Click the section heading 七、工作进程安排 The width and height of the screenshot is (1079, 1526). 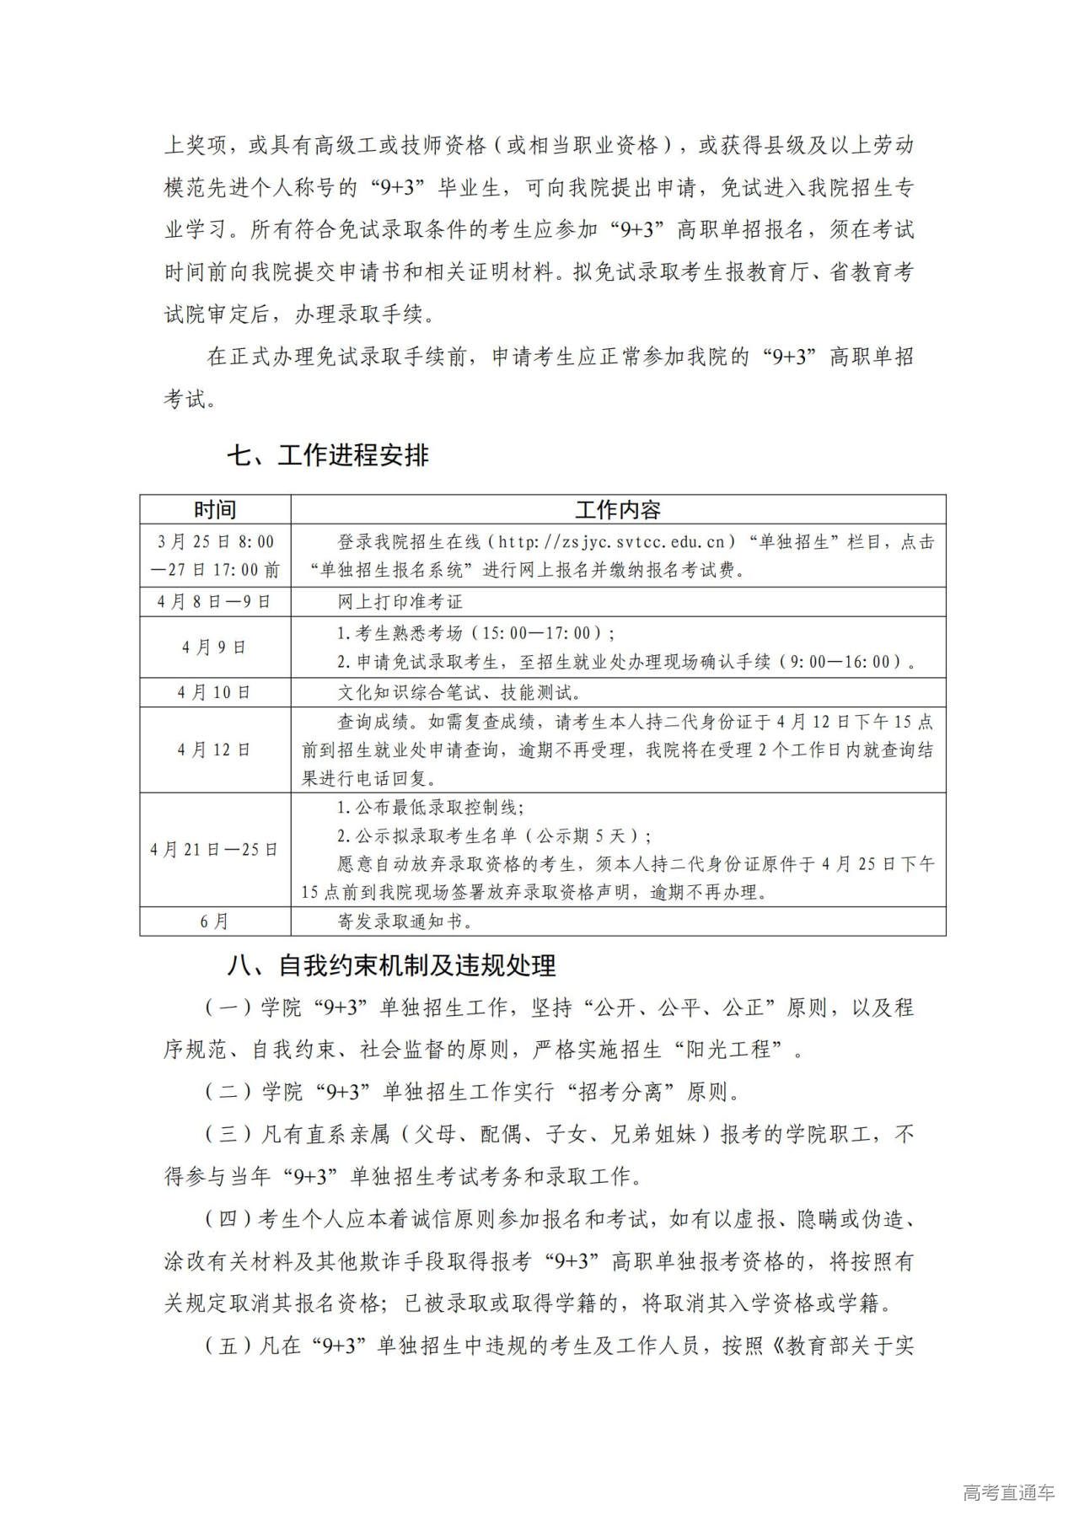[327, 456]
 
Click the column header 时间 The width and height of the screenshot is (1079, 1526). [215, 509]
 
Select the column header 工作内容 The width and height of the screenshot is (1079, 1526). [618, 509]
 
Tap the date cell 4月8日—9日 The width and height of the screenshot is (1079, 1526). [215, 602]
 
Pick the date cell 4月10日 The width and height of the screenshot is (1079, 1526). [215, 692]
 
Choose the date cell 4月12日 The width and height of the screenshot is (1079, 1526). [215, 750]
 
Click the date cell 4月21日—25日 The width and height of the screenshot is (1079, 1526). [215, 850]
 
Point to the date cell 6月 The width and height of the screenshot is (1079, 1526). [215, 922]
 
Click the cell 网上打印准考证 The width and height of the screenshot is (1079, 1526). [400, 602]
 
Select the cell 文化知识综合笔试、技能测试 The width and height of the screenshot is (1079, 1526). [459, 693]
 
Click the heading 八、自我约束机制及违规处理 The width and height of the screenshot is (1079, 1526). [391, 965]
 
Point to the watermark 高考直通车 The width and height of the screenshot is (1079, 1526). [1008, 1492]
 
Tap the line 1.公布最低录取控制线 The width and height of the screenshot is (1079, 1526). [430, 808]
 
